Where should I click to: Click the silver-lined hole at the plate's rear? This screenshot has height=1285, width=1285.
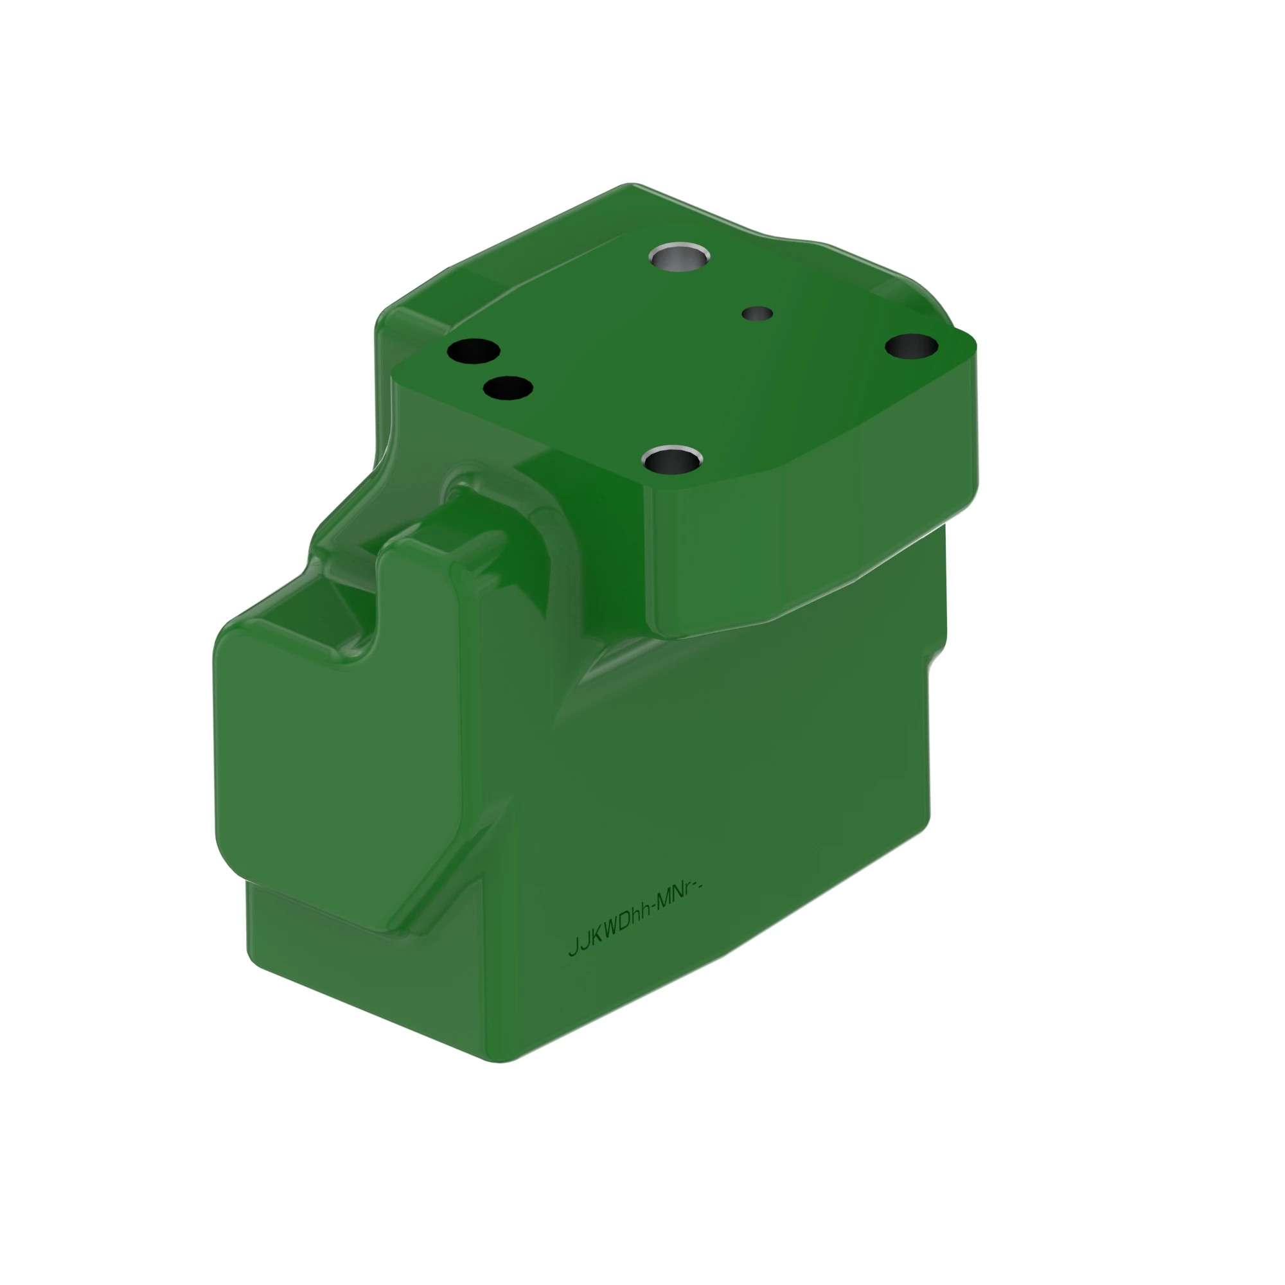point(679,257)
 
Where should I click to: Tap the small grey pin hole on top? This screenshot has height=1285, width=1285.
point(757,313)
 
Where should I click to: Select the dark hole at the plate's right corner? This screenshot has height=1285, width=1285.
point(911,345)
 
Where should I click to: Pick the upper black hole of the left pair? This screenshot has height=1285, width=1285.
point(474,351)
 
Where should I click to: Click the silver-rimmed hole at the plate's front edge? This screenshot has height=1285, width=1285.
point(673,458)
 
